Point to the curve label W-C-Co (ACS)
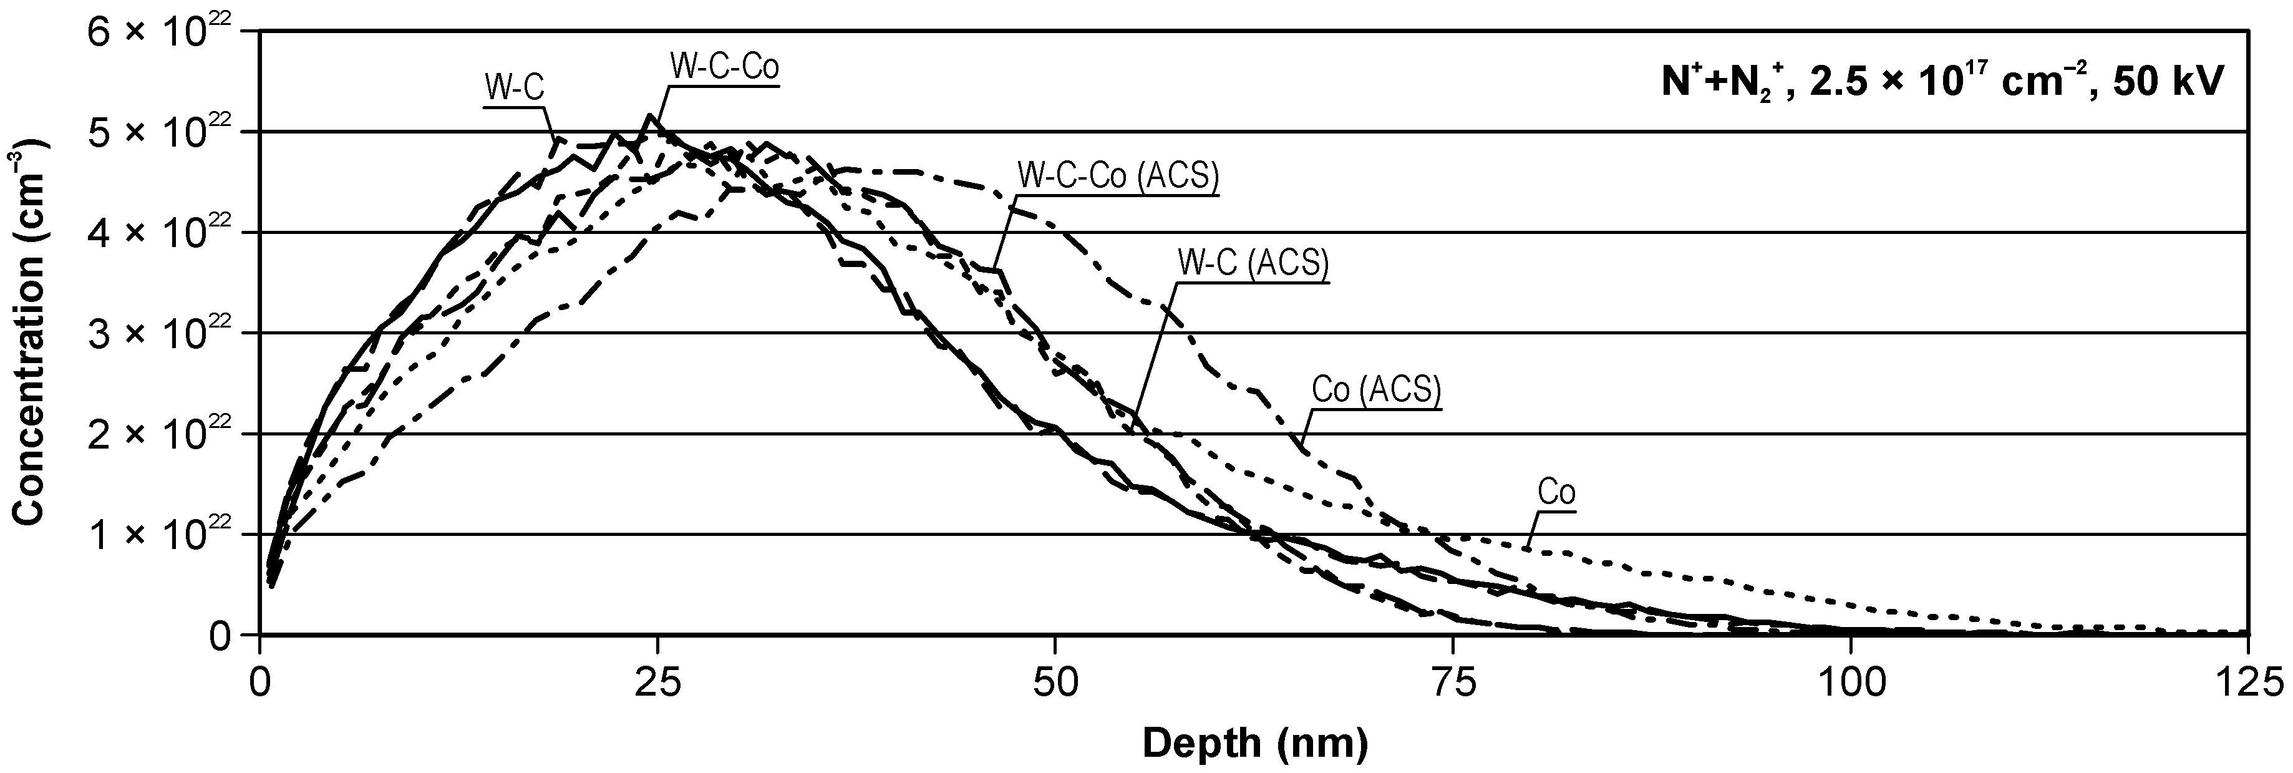(x=1118, y=177)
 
